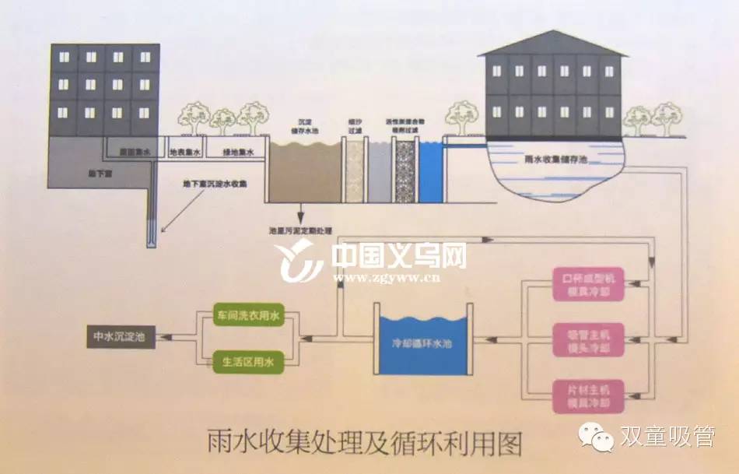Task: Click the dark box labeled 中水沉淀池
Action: click(x=119, y=337)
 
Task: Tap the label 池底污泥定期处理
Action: click(x=299, y=232)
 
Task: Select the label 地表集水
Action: click(x=186, y=153)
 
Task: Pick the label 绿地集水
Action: click(x=237, y=153)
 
